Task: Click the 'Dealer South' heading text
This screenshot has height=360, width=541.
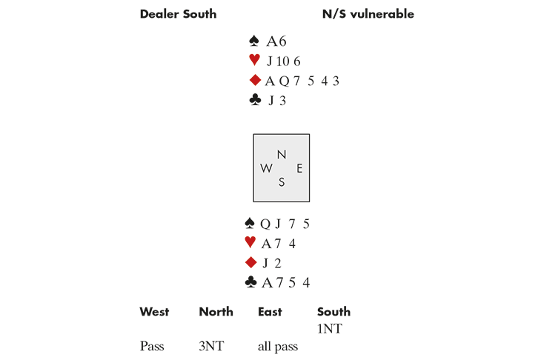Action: click(x=178, y=14)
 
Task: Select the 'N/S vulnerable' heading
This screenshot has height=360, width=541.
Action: click(x=363, y=14)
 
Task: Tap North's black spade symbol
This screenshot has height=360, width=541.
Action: click(x=256, y=41)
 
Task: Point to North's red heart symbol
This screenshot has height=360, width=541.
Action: click(x=256, y=61)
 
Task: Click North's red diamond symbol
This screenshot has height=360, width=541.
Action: click(x=256, y=81)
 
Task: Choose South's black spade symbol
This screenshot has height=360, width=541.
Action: click(x=250, y=223)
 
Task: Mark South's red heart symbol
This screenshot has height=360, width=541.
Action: click(x=250, y=242)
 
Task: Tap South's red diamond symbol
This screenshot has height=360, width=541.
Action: click(x=250, y=262)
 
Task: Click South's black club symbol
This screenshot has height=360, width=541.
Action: click(x=250, y=281)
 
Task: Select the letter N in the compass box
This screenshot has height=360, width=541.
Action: click(x=281, y=155)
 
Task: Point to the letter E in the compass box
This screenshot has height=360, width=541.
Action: click(x=299, y=168)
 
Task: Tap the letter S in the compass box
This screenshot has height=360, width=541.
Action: click(x=282, y=182)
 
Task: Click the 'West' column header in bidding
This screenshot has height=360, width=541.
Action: click(x=154, y=312)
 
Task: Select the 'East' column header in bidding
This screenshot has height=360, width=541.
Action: click(x=270, y=312)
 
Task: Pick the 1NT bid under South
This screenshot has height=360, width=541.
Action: click(x=329, y=329)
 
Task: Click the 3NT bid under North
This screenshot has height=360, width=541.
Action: click(x=213, y=346)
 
